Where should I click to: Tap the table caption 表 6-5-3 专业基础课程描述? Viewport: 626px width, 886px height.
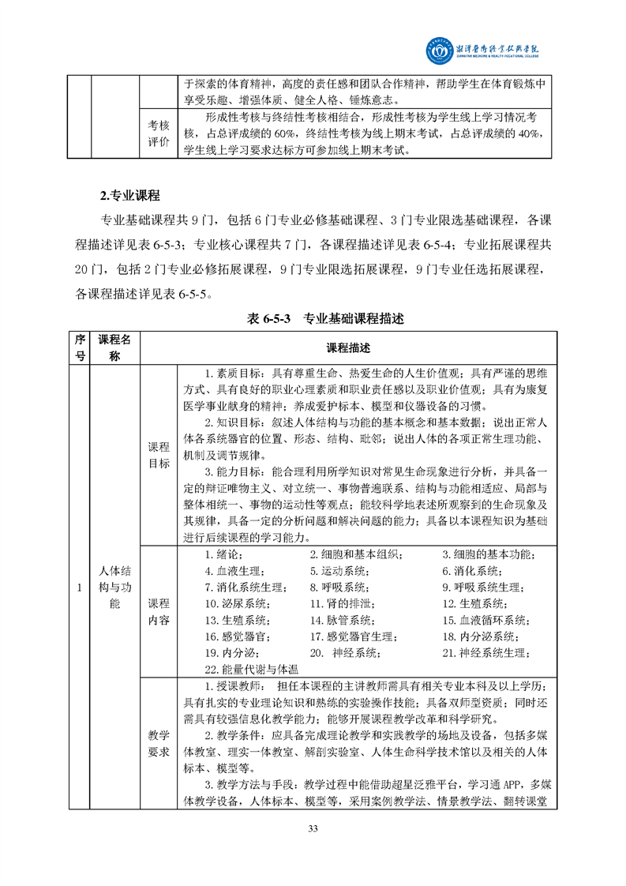(x=326, y=319)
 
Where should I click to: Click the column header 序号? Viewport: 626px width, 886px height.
(x=79, y=347)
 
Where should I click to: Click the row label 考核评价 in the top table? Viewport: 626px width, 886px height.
(x=159, y=133)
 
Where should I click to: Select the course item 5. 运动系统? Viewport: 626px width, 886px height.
(x=337, y=571)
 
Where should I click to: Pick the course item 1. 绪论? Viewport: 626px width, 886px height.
(x=225, y=554)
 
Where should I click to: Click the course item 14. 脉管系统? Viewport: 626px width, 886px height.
(x=341, y=621)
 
